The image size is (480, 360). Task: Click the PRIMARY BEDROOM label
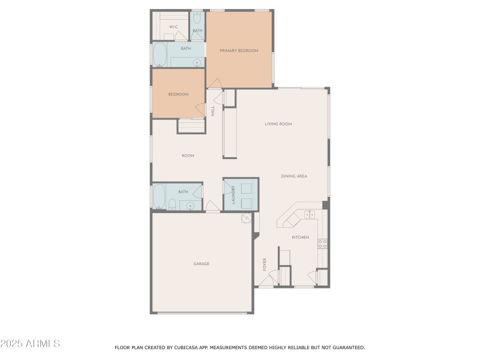coord(239,51)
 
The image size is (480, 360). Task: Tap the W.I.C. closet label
coord(174,27)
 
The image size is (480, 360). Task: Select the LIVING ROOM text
coord(278,124)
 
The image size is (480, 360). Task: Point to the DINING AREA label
coord(294,176)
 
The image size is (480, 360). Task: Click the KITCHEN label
coord(300,238)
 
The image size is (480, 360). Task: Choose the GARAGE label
coord(201,264)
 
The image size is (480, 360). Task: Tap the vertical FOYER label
coord(264,264)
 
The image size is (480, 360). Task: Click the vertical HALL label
coord(212,111)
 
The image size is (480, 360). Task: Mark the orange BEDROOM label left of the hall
coord(178,94)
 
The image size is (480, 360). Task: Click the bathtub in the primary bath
coord(160,55)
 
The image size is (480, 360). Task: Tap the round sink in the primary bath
coord(196,62)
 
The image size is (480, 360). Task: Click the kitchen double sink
coord(310,215)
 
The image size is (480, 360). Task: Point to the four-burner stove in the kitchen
coord(322,244)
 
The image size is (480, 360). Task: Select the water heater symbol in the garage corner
coord(245,220)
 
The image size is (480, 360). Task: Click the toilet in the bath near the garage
coord(172,204)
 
